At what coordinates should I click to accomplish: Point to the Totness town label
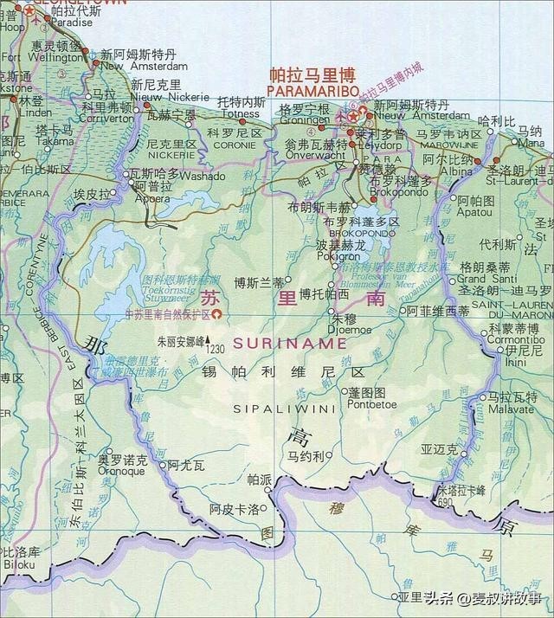(x=240, y=113)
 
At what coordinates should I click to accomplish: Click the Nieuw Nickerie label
(x=158, y=98)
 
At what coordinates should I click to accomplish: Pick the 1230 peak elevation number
(x=216, y=349)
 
